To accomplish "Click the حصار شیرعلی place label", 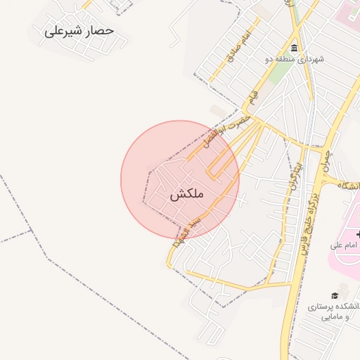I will (x=79, y=32).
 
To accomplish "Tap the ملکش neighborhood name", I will (x=186, y=195).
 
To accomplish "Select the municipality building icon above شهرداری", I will (x=293, y=49).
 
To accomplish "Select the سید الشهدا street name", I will (x=188, y=231).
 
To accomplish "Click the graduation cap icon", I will (x=335, y=295).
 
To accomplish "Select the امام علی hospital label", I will (x=345, y=245).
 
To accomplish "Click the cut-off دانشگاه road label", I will (x=349, y=186).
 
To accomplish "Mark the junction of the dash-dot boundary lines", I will (x=32, y=230).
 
